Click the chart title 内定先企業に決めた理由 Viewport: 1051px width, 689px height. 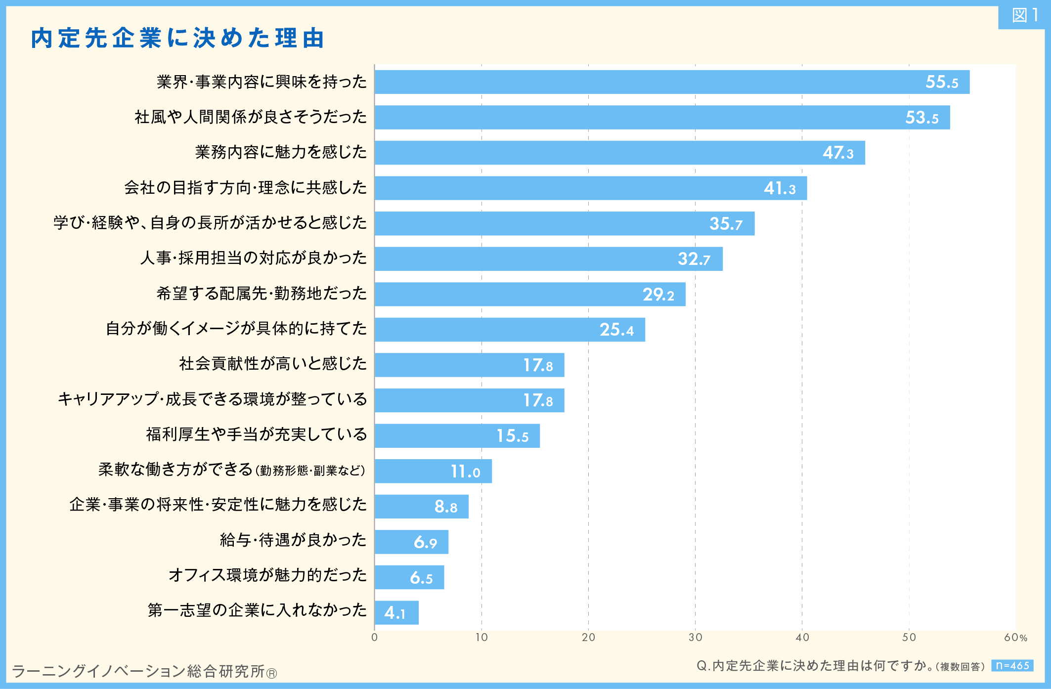(x=177, y=38)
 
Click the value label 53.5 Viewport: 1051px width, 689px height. (x=921, y=118)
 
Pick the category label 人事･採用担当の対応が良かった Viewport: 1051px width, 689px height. (x=253, y=258)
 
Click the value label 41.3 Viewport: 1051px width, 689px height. (x=780, y=188)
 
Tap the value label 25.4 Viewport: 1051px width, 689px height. (x=616, y=330)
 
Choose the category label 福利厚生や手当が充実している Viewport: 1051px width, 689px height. (x=256, y=434)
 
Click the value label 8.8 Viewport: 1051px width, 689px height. (x=445, y=507)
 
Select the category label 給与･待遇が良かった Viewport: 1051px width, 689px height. (x=293, y=540)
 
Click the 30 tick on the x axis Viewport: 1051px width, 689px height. (x=695, y=638)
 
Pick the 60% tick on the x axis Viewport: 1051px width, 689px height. (x=1015, y=638)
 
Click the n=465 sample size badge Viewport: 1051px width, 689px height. (x=1012, y=666)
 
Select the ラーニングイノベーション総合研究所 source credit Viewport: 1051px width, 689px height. (x=143, y=671)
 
